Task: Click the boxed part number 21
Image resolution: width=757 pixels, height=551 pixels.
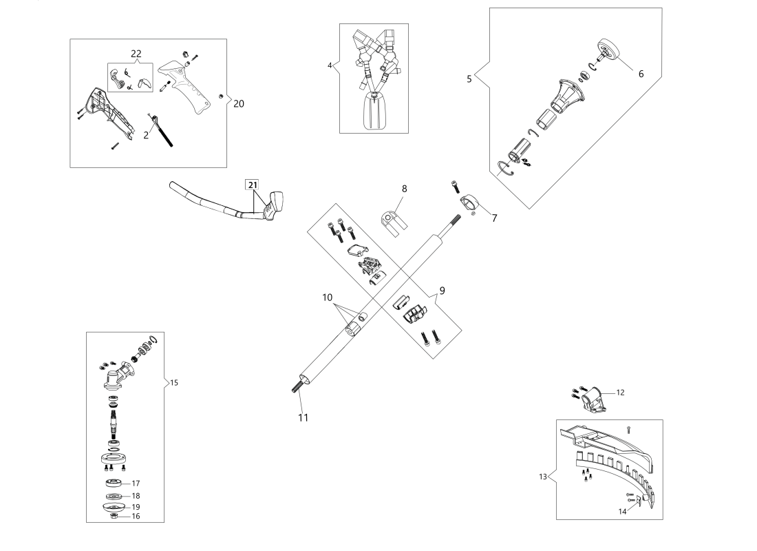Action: pos(253,185)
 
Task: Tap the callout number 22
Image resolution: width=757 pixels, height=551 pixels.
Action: pos(136,54)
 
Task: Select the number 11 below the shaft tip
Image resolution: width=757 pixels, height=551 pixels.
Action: pos(303,417)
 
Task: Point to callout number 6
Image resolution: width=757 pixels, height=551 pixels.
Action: pos(641,74)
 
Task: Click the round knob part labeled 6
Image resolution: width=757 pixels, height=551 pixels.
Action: pos(609,50)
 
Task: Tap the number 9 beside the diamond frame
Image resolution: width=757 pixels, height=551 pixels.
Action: pos(443,291)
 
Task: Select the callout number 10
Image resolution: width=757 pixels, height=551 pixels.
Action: pos(328,298)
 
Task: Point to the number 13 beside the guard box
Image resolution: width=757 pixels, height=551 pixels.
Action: pos(543,477)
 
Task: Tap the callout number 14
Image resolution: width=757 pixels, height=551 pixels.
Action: pos(622,511)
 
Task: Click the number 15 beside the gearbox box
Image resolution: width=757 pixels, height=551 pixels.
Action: pos(174,383)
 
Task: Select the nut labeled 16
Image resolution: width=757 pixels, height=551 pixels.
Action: pos(114,516)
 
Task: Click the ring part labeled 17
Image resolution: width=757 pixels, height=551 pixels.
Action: pos(114,483)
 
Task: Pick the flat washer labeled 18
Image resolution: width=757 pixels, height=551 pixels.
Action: pos(114,497)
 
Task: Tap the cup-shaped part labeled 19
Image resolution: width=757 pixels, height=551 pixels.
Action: pos(114,506)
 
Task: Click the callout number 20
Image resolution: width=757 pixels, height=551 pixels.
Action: pos(239,103)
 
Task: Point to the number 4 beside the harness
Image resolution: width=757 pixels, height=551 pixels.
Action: pos(330,65)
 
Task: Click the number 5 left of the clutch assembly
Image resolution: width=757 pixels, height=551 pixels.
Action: pos(469,79)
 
